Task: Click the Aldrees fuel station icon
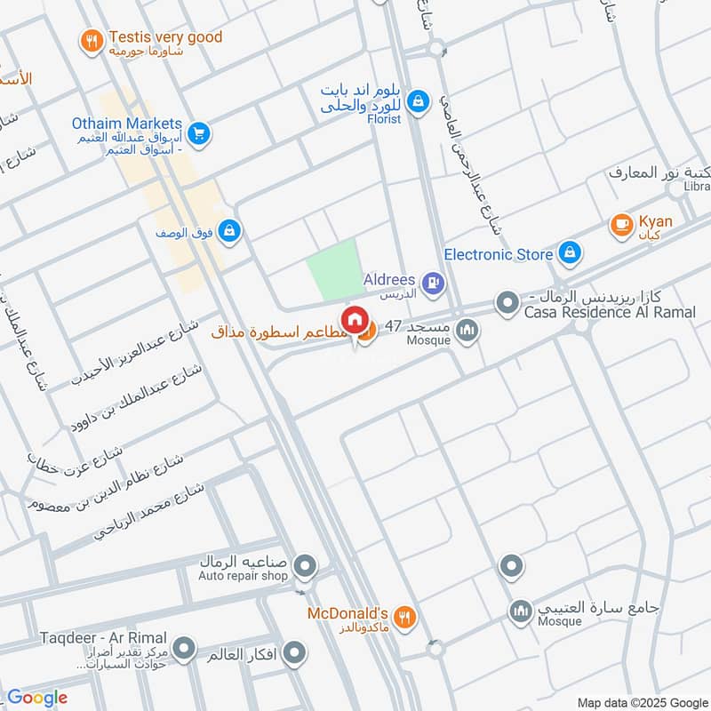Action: pyautogui.click(x=433, y=284)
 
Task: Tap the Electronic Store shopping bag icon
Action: pyautogui.click(x=570, y=255)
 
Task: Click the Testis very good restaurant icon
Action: pyautogui.click(x=91, y=40)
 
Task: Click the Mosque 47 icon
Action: pyautogui.click(x=467, y=332)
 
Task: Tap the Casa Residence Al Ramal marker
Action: pyautogui.click(x=507, y=304)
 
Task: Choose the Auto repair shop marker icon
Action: pyautogui.click(x=305, y=565)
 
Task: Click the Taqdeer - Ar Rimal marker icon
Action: pyautogui.click(x=184, y=650)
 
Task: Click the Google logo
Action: pyautogui.click(x=37, y=698)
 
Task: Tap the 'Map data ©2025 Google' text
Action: pyautogui.click(x=643, y=701)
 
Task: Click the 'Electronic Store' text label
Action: pyautogui.click(x=498, y=255)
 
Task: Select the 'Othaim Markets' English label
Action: pyautogui.click(x=128, y=124)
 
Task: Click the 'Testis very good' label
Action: pyautogui.click(x=165, y=37)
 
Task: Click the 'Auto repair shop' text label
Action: pyautogui.click(x=243, y=576)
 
